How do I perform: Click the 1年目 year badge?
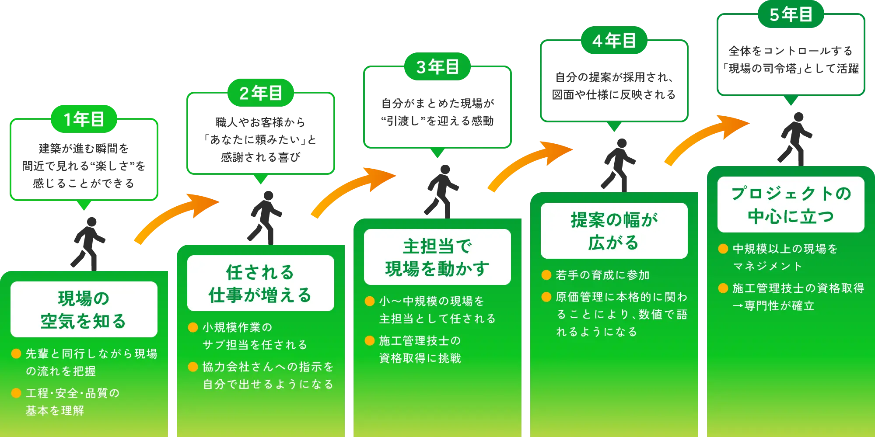click(x=84, y=119)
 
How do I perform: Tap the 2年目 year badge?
click(x=261, y=93)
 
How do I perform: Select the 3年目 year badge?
click(x=437, y=67)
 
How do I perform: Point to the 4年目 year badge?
click(x=614, y=41)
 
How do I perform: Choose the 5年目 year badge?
click(x=791, y=14)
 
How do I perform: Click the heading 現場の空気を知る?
click(x=84, y=309)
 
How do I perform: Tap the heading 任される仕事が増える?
click(x=260, y=283)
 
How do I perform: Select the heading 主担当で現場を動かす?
click(x=437, y=257)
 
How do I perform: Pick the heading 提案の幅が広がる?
click(x=614, y=231)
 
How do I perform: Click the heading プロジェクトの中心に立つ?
click(x=791, y=205)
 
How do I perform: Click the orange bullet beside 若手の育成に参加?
click(x=546, y=275)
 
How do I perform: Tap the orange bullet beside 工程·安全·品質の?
click(x=16, y=393)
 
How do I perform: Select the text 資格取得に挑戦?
click(x=420, y=358)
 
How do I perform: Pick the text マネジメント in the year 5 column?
click(x=767, y=266)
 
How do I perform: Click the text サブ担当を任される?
click(x=255, y=345)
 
